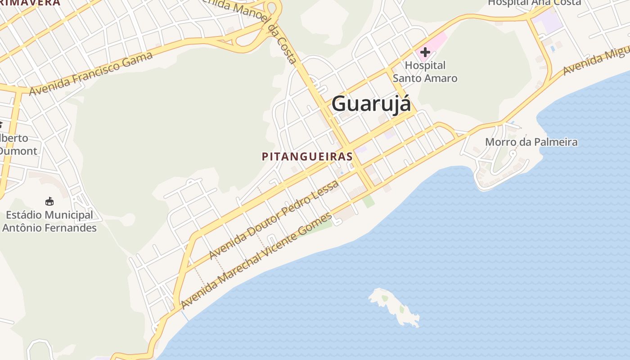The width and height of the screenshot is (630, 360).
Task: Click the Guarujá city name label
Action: click(x=371, y=104)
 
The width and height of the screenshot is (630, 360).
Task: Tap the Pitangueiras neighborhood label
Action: click(x=307, y=157)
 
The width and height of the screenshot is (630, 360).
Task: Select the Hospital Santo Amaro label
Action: click(x=425, y=72)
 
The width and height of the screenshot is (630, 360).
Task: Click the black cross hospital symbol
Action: click(x=425, y=52)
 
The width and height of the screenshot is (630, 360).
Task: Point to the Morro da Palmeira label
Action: click(x=531, y=142)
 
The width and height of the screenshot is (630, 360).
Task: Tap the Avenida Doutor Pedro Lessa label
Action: click(x=274, y=220)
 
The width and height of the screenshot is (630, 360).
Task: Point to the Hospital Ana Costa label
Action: click(x=534, y=3)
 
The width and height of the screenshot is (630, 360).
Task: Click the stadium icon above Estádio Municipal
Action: click(x=49, y=201)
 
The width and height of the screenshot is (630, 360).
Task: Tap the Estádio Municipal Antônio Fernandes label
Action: click(x=49, y=221)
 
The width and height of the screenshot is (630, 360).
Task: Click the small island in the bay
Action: click(x=394, y=306)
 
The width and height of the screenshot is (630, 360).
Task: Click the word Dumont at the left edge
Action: click(x=18, y=151)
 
